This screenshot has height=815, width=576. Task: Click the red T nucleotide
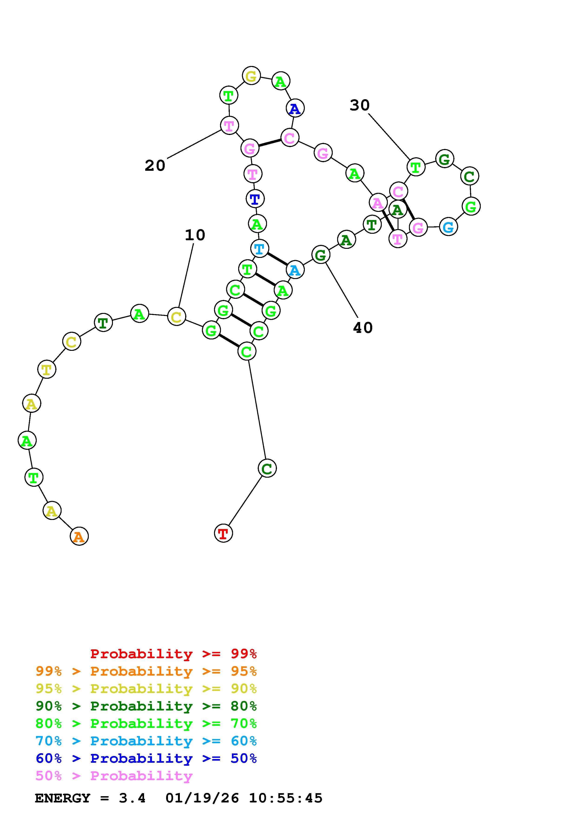[223, 533]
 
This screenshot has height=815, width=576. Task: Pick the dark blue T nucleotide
[255, 199]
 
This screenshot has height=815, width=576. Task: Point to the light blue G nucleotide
[448, 227]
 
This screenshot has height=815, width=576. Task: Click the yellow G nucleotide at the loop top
[251, 76]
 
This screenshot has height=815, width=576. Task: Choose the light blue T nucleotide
[260, 249]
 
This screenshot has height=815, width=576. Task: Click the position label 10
[195, 235]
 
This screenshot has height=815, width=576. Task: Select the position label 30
[359, 105]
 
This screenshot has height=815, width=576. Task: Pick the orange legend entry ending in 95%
[146, 671]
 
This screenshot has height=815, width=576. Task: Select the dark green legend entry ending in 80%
[146, 706]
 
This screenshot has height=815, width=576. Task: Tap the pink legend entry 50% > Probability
[114, 776]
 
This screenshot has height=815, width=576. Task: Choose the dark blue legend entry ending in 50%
[146, 758]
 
